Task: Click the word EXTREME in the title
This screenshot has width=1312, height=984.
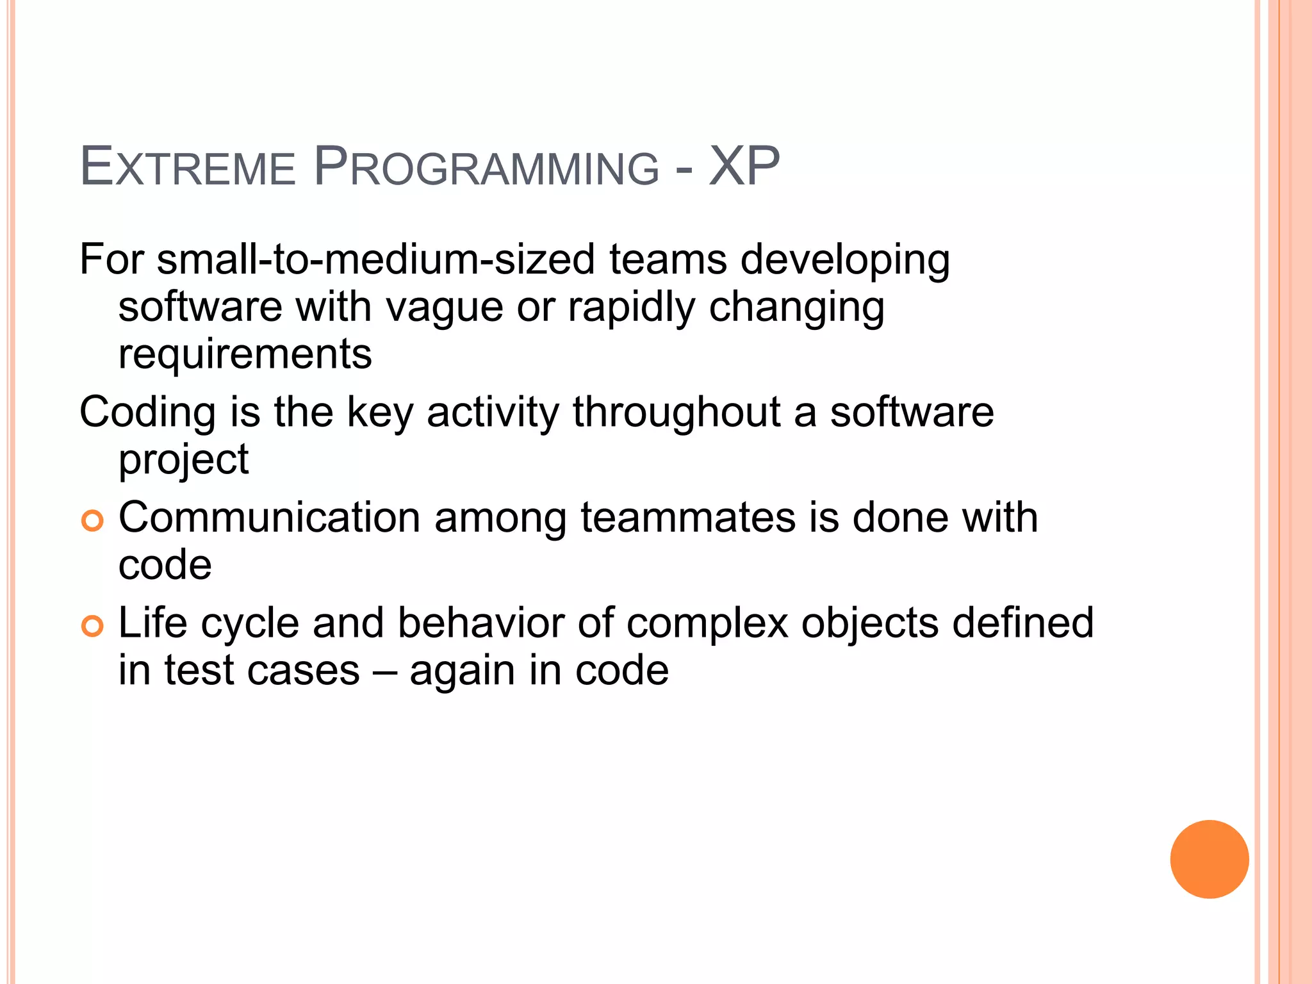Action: (187, 168)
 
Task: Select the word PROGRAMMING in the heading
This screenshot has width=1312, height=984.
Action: (486, 168)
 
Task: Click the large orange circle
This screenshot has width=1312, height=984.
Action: (1209, 859)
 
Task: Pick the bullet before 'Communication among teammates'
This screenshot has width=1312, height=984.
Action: (92, 521)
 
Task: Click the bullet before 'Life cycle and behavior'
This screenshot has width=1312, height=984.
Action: (92, 626)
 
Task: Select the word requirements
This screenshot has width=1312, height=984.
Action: (245, 354)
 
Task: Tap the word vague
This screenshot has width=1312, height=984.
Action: (445, 307)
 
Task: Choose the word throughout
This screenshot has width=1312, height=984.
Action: (676, 412)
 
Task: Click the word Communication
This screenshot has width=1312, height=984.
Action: (269, 518)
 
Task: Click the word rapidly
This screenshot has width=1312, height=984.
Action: (631, 307)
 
